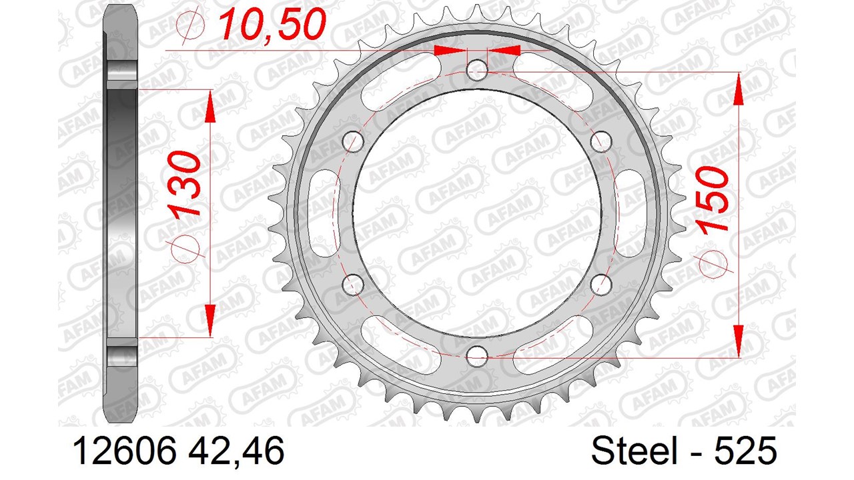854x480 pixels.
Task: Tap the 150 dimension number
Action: point(711,198)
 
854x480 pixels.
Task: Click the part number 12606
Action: point(125,451)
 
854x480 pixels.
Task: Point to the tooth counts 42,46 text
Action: point(236,451)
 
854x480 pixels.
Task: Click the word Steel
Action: point(634,451)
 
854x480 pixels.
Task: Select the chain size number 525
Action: point(745,451)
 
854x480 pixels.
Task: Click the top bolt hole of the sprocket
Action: point(477,70)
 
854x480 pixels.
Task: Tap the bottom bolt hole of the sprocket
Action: point(477,356)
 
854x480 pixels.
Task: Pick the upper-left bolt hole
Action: point(353,141)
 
